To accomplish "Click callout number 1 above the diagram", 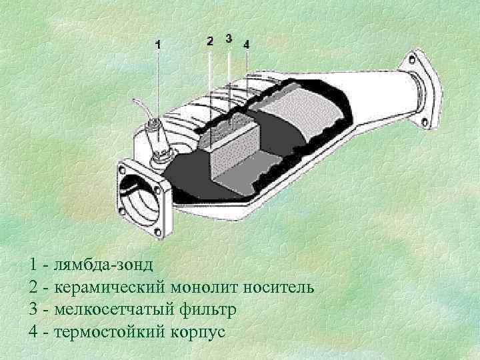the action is point(158,45).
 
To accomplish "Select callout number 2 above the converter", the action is point(210,41).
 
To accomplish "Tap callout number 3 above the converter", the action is point(229,37).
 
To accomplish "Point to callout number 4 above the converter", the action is point(247,44).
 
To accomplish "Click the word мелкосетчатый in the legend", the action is point(117,310).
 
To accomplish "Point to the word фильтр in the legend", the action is point(209,310).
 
